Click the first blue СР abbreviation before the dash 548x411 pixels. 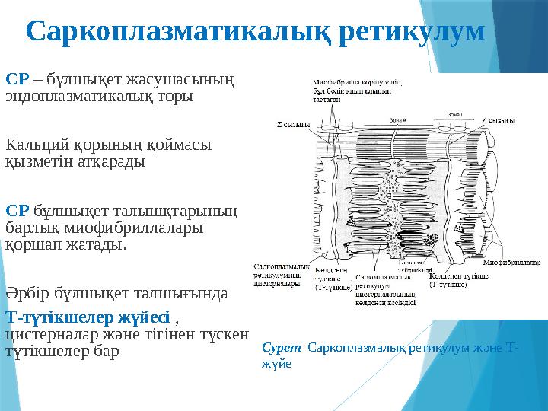(x=17, y=78)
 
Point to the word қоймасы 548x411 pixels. (x=176, y=144)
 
